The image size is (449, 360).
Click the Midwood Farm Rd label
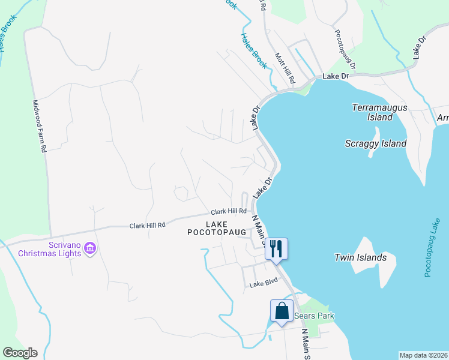pyautogui.click(x=40, y=126)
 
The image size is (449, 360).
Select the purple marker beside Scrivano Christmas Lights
pyautogui.click(x=90, y=248)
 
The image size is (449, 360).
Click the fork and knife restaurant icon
pyautogui.click(x=276, y=248)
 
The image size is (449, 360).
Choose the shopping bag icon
pyautogui.click(x=282, y=310)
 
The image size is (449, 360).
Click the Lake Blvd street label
pyautogui.click(x=265, y=283)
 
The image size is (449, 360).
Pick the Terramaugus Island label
pyautogui.click(x=379, y=112)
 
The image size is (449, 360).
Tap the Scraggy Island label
pyautogui.click(x=376, y=143)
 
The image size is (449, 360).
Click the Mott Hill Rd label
pyautogui.click(x=285, y=68)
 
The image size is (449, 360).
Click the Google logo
pyautogui.click(x=20, y=353)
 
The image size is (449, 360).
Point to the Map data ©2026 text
pyautogui.click(x=423, y=355)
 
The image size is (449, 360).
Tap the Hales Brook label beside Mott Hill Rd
pyautogui.click(x=253, y=50)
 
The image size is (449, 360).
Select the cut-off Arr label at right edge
pyautogui.click(x=442, y=118)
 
